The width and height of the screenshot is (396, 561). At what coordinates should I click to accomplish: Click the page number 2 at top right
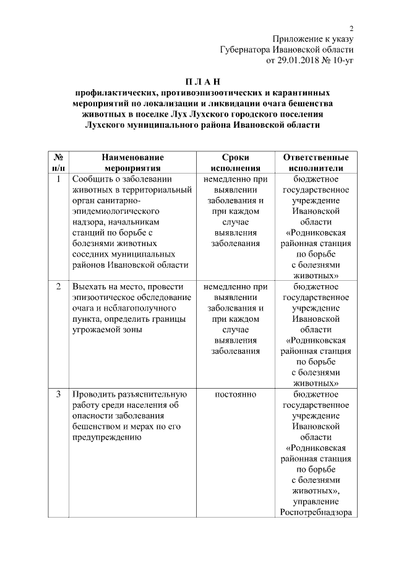coord(351,28)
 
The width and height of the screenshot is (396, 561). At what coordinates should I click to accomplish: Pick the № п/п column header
coord(58,162)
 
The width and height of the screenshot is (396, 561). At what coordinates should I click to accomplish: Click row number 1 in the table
coord(58,180)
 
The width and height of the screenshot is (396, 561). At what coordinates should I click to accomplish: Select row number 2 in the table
coord(58,287)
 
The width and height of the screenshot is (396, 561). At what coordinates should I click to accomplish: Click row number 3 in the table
coord(58,394)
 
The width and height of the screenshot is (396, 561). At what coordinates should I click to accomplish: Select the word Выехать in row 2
coord(89,287)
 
